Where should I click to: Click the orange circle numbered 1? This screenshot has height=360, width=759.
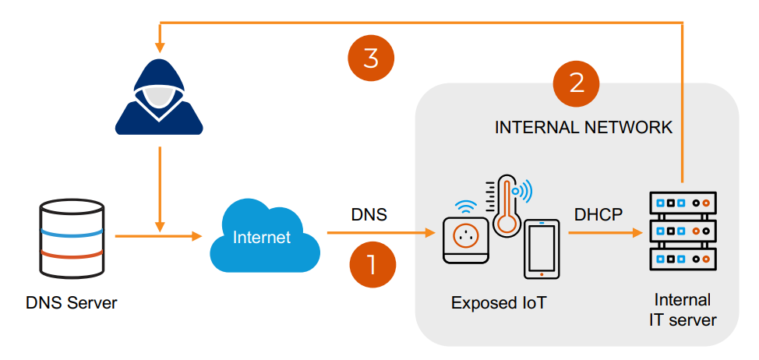(x=372, y=265)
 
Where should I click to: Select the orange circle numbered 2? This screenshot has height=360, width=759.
(x=576, y=83)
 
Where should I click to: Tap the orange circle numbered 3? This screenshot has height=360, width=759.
(x=371, y=58)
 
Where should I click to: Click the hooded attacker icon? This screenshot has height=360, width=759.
(x=159, y=97)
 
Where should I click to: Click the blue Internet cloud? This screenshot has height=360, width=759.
(x=265, y=235)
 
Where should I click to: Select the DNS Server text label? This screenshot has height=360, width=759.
(x=72, y=303)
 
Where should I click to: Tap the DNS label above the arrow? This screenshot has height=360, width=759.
(x=369, y=214)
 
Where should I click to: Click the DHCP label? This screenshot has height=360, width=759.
(x=598, y=214)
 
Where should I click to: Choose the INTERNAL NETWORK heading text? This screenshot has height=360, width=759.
(x=584, y=128)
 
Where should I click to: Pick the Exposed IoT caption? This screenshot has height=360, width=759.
(x=499, y=303)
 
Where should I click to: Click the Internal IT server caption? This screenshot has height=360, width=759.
(x=683, y=309)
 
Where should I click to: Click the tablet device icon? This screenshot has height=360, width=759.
(x=542, y=249)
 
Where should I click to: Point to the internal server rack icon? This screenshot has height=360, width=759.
(x=683, y=231)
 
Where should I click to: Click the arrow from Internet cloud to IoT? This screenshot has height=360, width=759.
(x=381, y=233)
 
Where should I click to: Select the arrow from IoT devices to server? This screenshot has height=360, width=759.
(x=605, y=233)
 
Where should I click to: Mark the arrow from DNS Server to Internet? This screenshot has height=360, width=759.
(x=158, y=236)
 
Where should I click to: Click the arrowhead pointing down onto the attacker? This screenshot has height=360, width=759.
(x=160, y=48)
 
